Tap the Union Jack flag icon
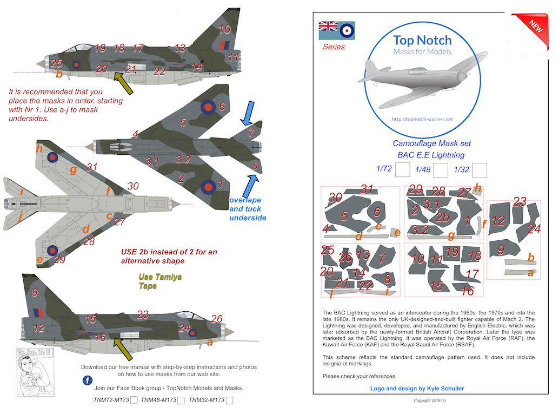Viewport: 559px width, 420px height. (x=328, y=27)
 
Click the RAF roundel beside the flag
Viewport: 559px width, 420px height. (x=347, y=29)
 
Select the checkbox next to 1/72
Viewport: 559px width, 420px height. (x=402, y=170)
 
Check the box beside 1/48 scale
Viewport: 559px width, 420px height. (x=441, y=170)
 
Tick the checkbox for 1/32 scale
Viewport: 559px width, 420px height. (x=480, y=170)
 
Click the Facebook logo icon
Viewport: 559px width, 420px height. (x=87, y=380)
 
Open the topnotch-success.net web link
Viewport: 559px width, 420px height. (x=422, y=119)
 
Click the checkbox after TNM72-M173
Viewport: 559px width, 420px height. (x=134, y=401)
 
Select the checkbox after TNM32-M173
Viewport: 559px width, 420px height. (x=229, y=401)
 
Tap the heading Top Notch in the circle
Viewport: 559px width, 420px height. (x=422, y=40)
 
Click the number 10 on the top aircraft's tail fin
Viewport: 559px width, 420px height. (x=224, y=29)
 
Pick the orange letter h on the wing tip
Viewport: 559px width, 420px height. (x=39, y=148)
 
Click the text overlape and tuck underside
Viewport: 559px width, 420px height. (x=248, y=208)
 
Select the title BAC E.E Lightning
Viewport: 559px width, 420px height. (x=430, y=155)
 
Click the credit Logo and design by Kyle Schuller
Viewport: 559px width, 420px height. (x=417, y=388)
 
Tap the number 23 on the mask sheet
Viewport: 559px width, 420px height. (x=520, y=202)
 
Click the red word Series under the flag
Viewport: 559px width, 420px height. (x=334, y=47)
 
